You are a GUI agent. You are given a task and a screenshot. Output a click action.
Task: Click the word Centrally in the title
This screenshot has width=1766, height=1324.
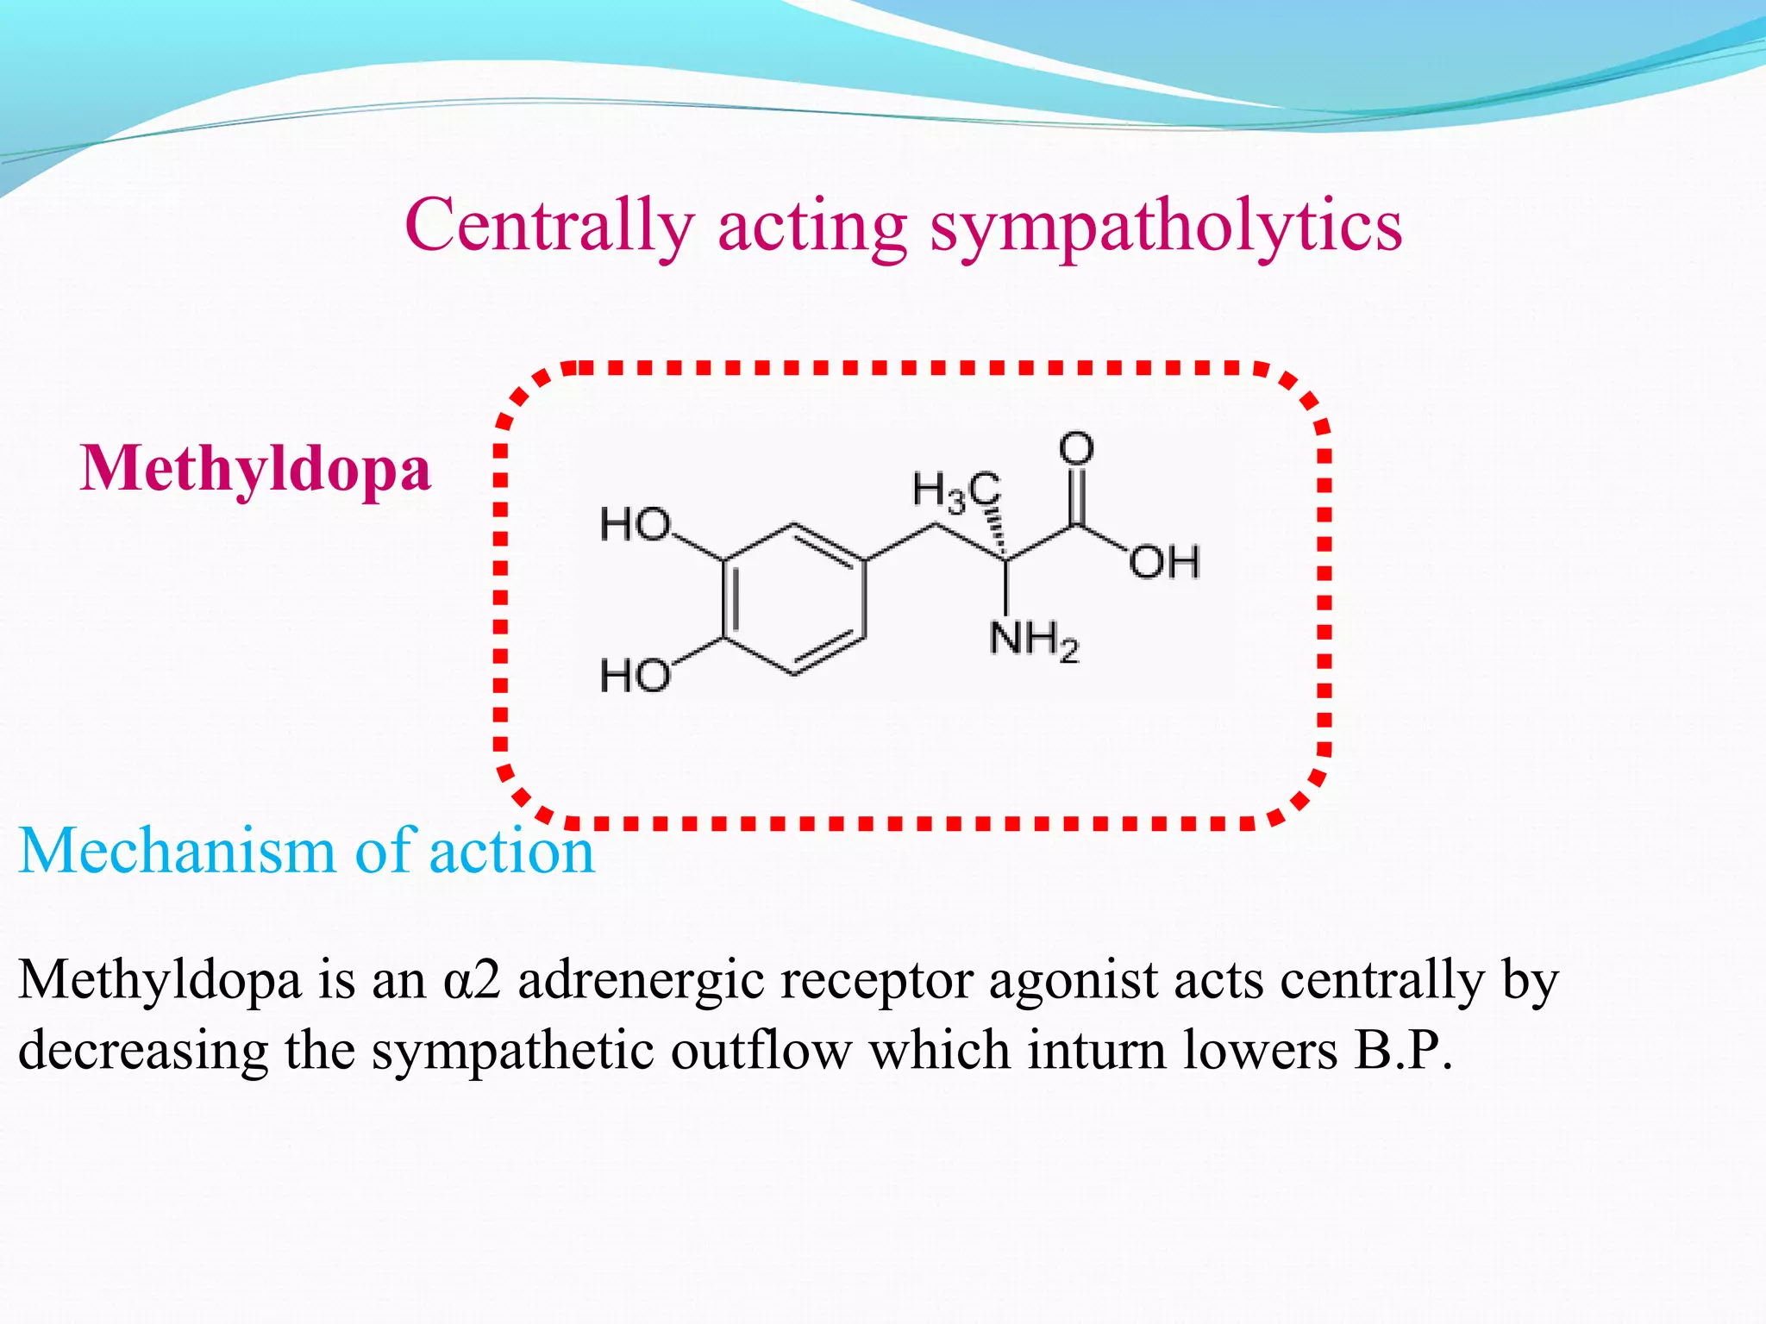pyautogui.click(x=549, y=225)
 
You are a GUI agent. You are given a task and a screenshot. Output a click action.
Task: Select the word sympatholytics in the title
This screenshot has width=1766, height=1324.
pyautogui.click(x=1166, y=227)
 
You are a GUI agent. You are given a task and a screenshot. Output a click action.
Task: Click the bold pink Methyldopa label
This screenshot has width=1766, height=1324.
pyautogui.click(x=255, y=470)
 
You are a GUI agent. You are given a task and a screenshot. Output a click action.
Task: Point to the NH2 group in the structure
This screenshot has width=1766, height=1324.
pyautogui.click(x=1033, y=640)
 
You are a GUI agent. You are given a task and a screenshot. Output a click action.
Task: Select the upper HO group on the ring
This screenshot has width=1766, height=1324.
pyautogui.click(x=635, y=524)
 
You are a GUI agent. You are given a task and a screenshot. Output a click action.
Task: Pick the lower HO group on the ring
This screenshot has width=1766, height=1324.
pyautogui.click(x=635, y=675)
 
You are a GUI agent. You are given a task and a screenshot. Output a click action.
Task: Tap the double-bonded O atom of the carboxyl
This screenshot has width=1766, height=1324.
pyautogui.click(x=1076, y=449)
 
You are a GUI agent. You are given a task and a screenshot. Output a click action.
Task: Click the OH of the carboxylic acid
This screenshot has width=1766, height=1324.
pyautogui.click(x=1164, y=563)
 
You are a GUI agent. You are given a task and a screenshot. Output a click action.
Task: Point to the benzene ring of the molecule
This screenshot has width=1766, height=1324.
pyautogui.click(x=793, y=599)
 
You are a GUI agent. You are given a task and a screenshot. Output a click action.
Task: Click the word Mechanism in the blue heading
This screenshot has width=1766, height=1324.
pyautogui.click(x=177, y=851)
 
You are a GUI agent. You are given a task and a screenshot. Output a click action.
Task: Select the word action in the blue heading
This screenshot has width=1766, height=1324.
pyautogui.click(x=511, y=851)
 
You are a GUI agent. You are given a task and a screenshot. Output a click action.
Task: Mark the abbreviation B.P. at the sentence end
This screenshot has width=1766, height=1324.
pyautogui.click(x=1403, y=1050)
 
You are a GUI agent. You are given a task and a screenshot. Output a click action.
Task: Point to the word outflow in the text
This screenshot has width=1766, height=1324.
pyautogui.click(x=761, y=1050)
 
